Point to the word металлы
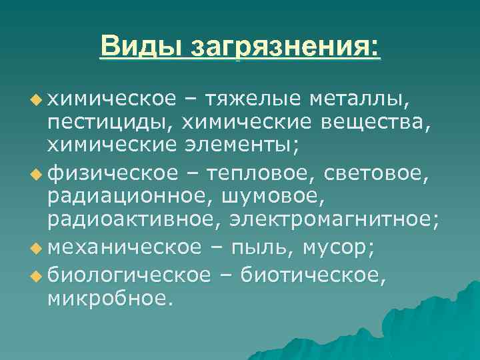coord(359,99)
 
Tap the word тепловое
coord(262,173)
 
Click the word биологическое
coord(125,271)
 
